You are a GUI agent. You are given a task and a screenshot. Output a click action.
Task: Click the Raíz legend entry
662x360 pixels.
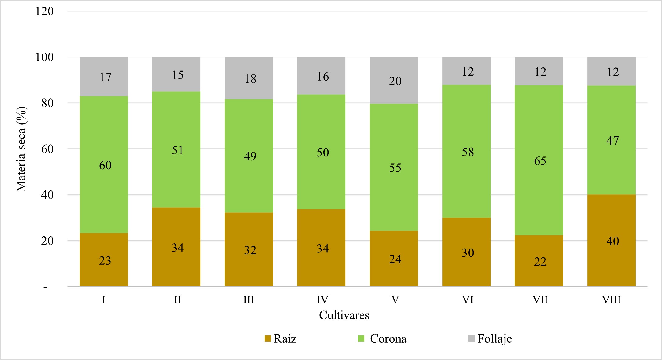pos(280,339)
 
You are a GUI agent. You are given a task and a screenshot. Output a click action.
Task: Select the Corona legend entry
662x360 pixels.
pos(382,339)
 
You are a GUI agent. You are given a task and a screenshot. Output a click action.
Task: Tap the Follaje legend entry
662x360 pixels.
pos(490,339)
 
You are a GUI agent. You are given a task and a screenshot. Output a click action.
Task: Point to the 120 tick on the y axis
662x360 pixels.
pos(44,11)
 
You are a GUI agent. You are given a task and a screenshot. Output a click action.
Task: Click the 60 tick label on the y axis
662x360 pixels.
pos(47,149)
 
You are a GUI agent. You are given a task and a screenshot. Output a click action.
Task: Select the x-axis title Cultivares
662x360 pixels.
pos(344,315)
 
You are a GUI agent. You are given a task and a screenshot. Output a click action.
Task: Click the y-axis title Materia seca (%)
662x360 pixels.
pos(22,149)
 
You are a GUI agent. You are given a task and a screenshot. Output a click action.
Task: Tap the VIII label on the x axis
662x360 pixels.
pos(611,300)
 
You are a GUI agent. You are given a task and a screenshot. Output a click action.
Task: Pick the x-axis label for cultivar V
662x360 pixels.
pos(395,300)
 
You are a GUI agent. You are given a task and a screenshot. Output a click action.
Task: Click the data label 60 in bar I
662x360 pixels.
pos(105,165)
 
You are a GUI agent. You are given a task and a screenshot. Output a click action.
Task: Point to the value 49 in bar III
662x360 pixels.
pos(250,156)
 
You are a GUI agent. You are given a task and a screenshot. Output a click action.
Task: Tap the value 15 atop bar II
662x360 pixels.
pos(178,75)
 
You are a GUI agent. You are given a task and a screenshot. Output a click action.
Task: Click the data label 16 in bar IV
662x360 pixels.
pos(323,77)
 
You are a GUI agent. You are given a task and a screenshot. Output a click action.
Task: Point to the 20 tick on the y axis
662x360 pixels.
pos(47,241)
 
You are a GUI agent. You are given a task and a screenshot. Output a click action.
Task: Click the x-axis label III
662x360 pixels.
pos(249,300)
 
